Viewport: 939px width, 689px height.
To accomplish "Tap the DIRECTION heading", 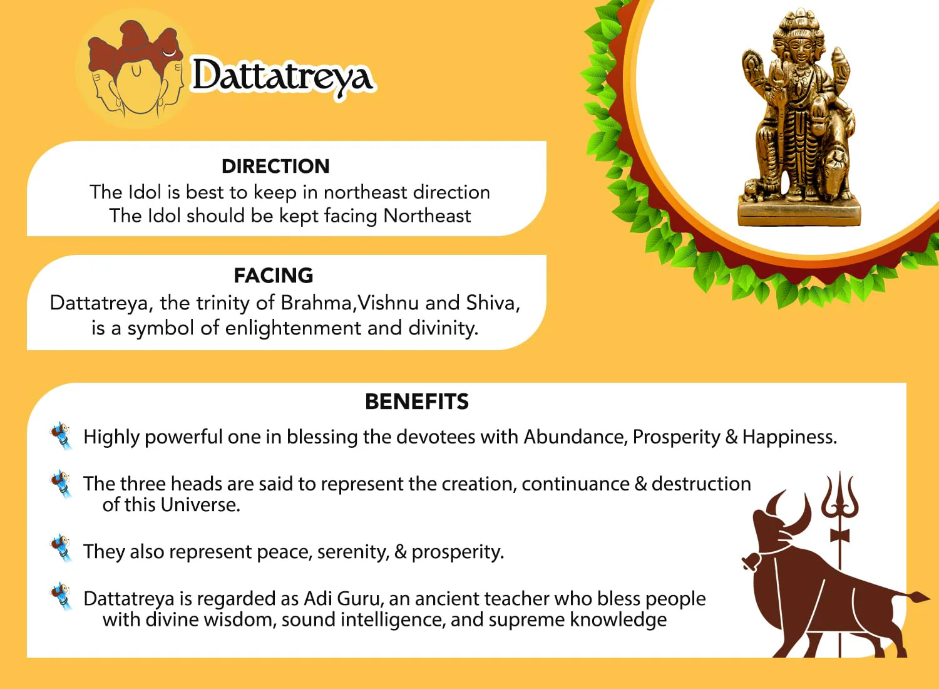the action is (275, 167).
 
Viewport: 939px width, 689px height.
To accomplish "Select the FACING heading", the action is (274, 276).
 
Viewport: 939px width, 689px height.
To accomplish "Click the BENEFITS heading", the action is (417, 401).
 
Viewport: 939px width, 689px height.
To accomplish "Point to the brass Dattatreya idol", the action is (799, 117).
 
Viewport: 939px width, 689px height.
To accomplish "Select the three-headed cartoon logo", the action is (135, 69).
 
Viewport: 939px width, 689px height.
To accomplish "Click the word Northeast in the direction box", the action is (427, 216).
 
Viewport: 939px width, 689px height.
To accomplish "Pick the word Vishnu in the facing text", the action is (388, 303).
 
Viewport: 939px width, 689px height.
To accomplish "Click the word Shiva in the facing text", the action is (493, 303).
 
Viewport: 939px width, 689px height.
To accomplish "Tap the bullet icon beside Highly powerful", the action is (61, 436).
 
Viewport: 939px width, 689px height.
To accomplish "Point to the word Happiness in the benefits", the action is (789, 437).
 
